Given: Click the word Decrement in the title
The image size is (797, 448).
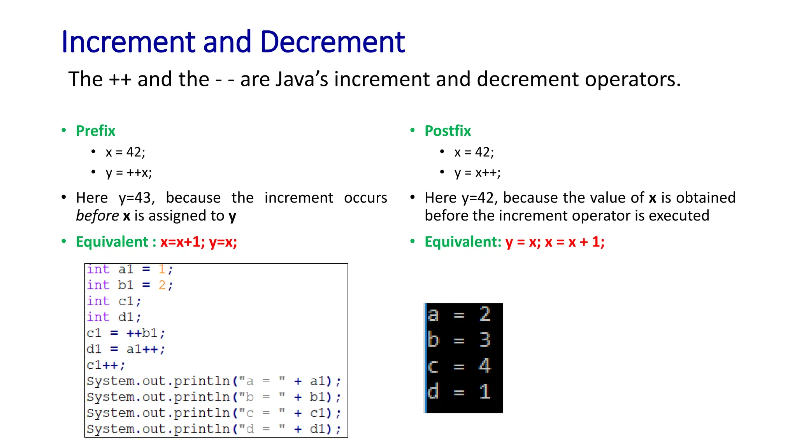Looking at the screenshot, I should [332, 42].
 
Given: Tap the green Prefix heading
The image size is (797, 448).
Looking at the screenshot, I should [95, 131].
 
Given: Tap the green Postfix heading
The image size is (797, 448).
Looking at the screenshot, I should [448, 131].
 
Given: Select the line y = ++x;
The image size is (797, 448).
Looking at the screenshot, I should [128, 173].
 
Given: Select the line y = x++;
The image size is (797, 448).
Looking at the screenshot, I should [477, 173].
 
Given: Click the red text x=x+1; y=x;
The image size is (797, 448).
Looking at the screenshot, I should [198, 242].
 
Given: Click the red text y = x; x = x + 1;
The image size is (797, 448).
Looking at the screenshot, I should [555, 242].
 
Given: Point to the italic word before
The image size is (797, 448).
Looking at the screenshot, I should [97, 216].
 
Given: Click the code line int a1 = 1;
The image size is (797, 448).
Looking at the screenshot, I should [130, 269].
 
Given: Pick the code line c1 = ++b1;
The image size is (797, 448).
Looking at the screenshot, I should [126, 333].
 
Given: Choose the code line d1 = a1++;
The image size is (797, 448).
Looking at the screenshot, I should [126, 349].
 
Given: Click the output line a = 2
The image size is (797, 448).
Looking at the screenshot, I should [459, 314].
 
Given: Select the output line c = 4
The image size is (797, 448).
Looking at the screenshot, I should [459, 366].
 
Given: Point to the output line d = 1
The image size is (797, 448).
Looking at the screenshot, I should [459, 392].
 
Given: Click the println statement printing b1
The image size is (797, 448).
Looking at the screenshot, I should [213, 397].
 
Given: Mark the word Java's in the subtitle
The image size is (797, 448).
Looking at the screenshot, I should [302, 79].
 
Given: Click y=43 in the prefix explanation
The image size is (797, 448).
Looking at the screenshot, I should [137, 198].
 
